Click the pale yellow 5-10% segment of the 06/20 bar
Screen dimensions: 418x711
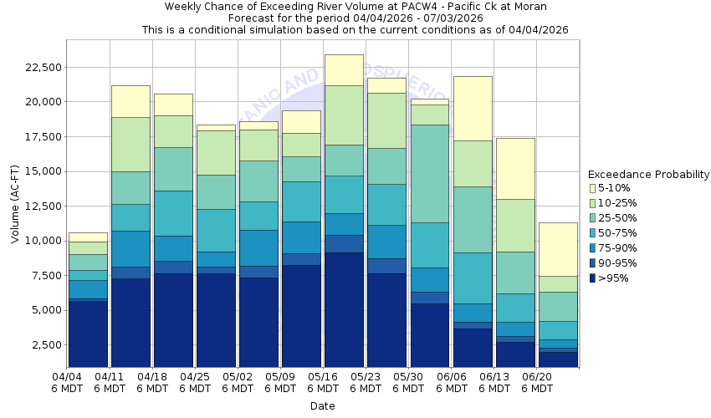pyautogui.click(x=559, y=249)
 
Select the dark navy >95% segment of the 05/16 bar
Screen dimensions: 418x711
pyautogui.click(x=345, y=309)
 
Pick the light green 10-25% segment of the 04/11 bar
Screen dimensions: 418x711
pyautogui.click(x=130, y=144)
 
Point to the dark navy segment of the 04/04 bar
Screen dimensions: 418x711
pyautogui.click(x=88, y=334)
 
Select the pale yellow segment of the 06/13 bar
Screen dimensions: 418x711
pyautogui.click(x=515, y=168)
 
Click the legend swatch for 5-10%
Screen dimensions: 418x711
pyautogui.click(x=594, y=189)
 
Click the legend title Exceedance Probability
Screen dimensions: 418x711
pyautogui.click(x=648, y=175)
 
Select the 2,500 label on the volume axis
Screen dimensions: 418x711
pyautogui.click(x=43, y=344)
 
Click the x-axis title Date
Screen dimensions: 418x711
pyautogui.click(x=322, y=406)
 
